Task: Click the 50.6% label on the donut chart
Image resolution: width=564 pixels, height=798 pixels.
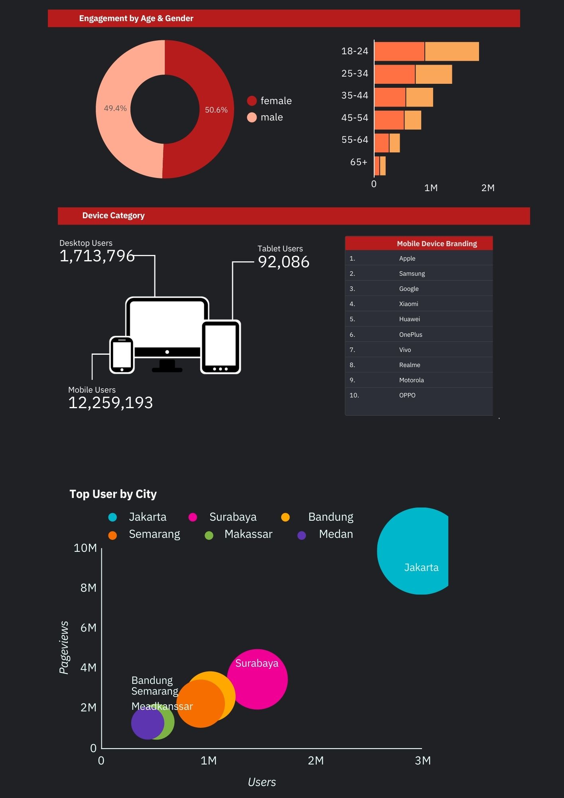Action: tap(216, 110)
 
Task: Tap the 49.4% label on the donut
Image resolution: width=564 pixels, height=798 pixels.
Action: tap(115, 108)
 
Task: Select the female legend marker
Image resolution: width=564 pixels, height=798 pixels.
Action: tap(252, 101)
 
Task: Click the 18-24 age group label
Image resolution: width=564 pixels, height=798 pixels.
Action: tap(355, 51)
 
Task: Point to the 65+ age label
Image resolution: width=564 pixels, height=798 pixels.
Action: tap(359, 162)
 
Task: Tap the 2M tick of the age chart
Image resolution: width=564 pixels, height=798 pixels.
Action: tap(488, 188)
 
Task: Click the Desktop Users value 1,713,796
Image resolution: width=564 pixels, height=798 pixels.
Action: tap(97, 256)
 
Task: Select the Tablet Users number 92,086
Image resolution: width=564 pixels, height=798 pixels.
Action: tap(284, 262)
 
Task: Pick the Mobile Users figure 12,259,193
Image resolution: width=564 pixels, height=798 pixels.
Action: tap(110, 403)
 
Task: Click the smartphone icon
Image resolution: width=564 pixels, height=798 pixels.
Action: tap(122, 355)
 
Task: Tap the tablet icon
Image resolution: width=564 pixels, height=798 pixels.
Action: tap(221, 347)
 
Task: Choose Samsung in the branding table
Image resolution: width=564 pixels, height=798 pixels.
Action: tap(412, 273)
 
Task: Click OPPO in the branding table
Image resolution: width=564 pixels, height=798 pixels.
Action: tap(407, 395)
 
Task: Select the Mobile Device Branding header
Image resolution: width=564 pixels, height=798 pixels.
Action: tap(437, 243)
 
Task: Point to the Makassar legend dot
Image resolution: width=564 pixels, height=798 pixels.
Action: tap(209, 535)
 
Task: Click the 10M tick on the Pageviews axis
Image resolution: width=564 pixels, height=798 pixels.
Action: tap(85, 548)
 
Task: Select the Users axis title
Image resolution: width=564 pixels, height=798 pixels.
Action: tap(262, 782)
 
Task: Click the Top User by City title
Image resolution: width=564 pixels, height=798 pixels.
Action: tap(113, 494)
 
